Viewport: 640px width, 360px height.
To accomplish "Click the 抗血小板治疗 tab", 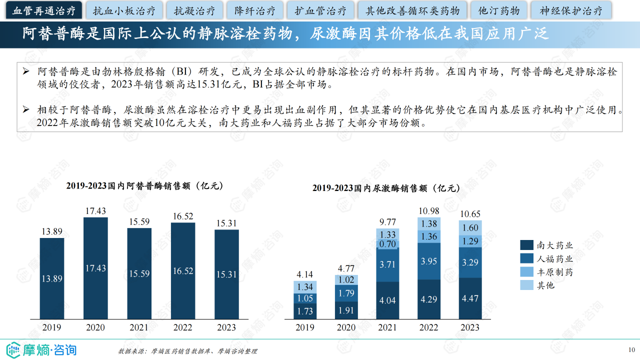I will pos(124,10).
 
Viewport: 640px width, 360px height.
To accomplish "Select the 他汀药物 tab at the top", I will pos(499,10).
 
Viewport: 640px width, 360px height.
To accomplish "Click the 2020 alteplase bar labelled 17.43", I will pos(95,268).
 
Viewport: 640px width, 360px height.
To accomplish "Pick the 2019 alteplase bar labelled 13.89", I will pos(52,279).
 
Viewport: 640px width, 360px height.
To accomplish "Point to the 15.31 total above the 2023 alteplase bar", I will pos(226,223).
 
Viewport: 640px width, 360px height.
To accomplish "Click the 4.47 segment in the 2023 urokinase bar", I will pos(470,298).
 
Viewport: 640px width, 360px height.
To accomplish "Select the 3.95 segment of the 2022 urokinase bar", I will pos(429,261).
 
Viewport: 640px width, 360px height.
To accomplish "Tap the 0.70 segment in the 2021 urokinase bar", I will pos(388,244).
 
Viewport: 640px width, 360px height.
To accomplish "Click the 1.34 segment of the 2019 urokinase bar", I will pos(305,286).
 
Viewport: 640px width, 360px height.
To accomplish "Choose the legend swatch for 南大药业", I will pos(526,245).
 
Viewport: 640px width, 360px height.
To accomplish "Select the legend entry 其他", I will pos(545,285).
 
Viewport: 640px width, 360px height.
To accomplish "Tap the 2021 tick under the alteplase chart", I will pos(139,327).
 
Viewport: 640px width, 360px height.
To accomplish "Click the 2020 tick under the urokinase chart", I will pos(346,327).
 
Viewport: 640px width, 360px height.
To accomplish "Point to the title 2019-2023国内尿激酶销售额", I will pos(385,188).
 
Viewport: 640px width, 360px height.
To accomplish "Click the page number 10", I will pos(631,349).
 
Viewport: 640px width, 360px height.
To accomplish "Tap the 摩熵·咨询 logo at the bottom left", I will pos(41,349).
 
